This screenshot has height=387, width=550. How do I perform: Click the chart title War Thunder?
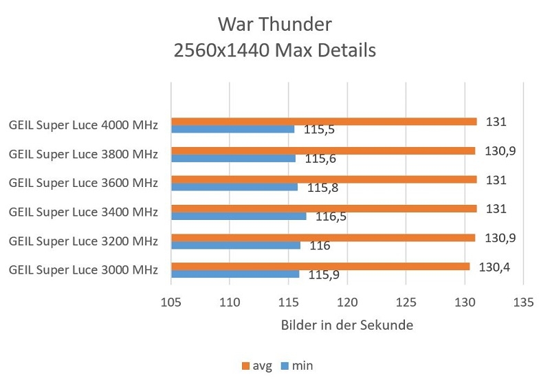(275, 25)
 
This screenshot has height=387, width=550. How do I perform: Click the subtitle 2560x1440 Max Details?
(275, 51)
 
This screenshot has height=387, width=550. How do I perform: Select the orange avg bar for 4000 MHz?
(323, 122)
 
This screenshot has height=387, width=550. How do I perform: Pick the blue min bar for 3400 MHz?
(239, 216)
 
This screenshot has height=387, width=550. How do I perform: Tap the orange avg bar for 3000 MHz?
(320, 266)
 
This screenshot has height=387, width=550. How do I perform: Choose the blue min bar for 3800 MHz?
(233, 158)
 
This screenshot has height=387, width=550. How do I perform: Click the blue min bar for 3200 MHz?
(235, 245)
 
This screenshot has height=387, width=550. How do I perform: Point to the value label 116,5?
(331, 217)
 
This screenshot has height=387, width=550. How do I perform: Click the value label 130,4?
(493, 267)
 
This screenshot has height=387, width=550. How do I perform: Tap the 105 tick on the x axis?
(170, 300)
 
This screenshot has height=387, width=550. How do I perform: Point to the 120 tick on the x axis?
(347, 300)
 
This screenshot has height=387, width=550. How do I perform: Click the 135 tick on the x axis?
(524, 300)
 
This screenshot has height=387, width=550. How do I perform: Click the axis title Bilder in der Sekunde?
(347, 325)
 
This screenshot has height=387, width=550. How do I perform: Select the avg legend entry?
(256, 366)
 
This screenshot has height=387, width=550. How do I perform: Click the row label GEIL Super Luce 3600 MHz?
(83, 184)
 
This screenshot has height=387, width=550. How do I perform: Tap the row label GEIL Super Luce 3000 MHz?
(83, 269)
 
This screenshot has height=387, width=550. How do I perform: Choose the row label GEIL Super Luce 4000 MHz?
(83, 126)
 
